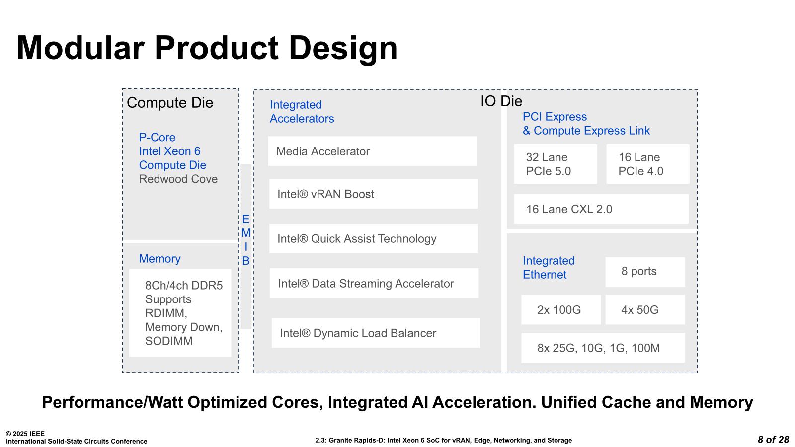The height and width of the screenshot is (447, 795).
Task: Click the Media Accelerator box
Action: pos(372,151)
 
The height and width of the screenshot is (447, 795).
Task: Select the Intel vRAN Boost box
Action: pos(373,194)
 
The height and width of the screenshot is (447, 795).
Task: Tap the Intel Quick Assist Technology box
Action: pos(373,238)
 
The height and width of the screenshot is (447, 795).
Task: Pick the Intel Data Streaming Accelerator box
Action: pos(374,283)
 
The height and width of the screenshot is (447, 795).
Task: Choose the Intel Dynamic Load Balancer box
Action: pos(376,333)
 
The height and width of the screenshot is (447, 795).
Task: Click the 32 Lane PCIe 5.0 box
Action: pos(556,164)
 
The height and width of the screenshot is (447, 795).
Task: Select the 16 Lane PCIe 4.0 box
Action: pos(648,164)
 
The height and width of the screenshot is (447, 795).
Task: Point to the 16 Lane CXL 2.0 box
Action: pos(601,209)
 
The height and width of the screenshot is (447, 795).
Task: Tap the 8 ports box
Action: pos(645,272)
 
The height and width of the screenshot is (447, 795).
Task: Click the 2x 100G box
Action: pos(561,309)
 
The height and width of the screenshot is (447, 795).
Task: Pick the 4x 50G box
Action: pos(645,309)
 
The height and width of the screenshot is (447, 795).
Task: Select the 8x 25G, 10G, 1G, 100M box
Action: pos(603,348)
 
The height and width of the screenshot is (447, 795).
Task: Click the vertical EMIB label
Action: pos(246,240)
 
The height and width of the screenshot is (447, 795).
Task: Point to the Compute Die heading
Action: pos(170,103)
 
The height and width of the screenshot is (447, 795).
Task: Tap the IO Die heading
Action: pos(501,101)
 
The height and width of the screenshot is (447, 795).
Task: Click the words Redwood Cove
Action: pos(178,179)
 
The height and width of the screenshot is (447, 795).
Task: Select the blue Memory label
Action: pos(159,259)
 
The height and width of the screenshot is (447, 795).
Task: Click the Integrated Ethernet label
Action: pos(549,268)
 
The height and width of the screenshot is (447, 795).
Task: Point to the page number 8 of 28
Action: pos(773,440)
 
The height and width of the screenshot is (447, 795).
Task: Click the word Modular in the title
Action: pos(80,48)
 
